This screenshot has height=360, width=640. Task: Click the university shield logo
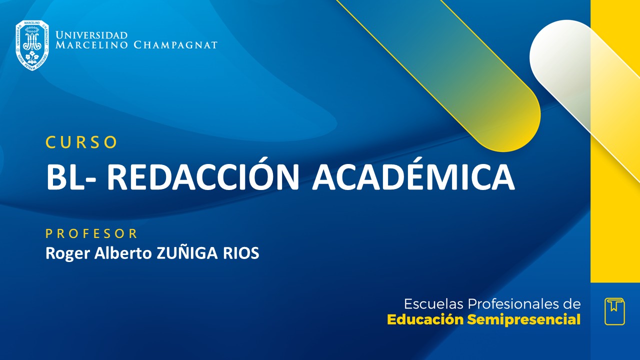32,45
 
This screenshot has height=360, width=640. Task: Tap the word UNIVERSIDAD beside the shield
91,35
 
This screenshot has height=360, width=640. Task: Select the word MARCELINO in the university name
92,45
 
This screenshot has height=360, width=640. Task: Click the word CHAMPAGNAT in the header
175,45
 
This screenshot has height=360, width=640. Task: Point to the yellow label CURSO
81,142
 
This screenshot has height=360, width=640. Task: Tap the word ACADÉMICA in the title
413,177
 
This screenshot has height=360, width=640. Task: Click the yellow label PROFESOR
91,233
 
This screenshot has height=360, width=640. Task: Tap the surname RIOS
241,253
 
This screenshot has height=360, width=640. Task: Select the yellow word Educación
425,320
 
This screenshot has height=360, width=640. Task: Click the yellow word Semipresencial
524,320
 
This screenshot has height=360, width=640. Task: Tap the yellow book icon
614,311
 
